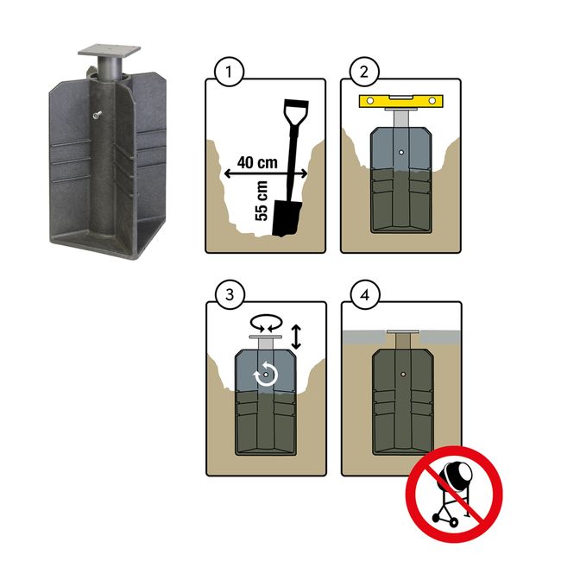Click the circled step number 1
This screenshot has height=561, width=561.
(x=229, y=72)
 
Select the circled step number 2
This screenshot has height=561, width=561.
(x=364, y=72)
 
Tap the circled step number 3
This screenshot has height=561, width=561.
(x=230, y=295)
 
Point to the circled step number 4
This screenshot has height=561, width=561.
(x=365, y=295)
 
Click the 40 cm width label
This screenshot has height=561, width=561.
(x=257, y=162)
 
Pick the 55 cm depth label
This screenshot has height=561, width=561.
(x=262, y=201)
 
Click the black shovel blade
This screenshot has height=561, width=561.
(x=286, y=218)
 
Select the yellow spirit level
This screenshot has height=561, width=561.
(x=401, y=101)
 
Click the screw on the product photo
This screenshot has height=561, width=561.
(x=97, y=115)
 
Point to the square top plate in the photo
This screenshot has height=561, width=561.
(x=109, y=50)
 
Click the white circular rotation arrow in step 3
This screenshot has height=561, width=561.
(x=266, y=375)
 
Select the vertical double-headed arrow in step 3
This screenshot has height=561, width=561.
(x=296, y=337)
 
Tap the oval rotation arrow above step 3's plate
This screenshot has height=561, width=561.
(x=266, y=323)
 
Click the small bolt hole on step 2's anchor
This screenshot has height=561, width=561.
(x=401, y=152)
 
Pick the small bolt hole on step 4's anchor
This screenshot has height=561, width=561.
(x=403, y=375)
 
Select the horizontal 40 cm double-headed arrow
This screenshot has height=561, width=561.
(x=266, y=173)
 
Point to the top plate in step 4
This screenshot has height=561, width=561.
(x=403, y=331)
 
